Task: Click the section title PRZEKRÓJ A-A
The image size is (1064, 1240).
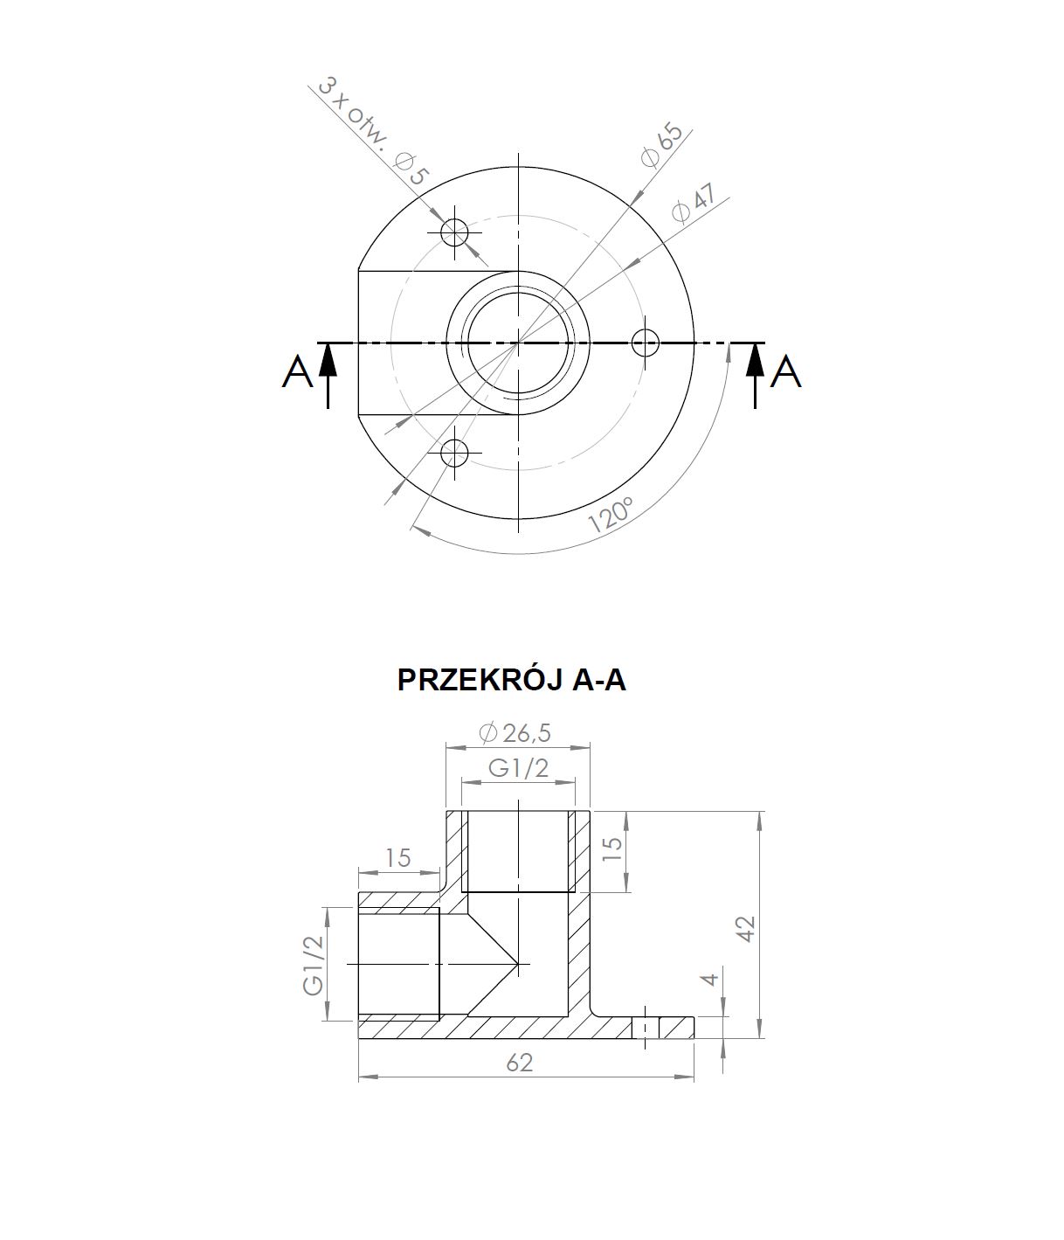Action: [512, 680]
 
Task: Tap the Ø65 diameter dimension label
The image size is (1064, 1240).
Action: [662, 146]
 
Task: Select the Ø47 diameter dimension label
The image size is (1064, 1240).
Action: [694, 204]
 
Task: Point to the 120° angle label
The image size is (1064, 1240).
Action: [611, 514]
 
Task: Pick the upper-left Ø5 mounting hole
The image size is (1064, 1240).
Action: [454, 232]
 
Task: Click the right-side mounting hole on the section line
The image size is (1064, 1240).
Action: [646, 343]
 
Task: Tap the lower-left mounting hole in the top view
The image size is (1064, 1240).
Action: [454, 453]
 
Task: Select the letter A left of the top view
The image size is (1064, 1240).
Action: [298, 372]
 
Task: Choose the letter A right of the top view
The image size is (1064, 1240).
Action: [785, 372]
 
